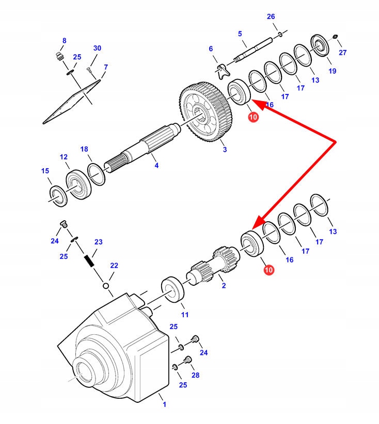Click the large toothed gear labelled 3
click(207, 112)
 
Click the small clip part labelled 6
click(222, 68)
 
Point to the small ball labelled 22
click(105, 285)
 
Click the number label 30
click(97, 48)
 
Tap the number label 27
click(343, 53)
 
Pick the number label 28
click(195, 376)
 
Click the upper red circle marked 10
click(253, 118)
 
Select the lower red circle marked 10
click(269, 270)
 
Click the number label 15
click(45, 171)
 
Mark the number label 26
click(271, 17)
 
